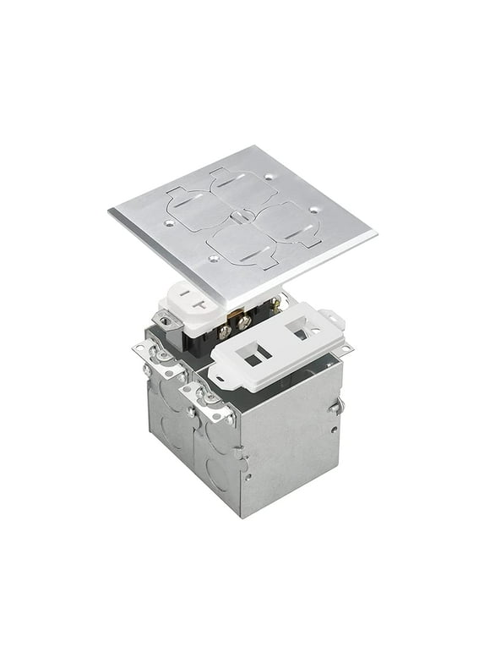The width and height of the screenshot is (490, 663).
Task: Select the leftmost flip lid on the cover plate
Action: point(188,205)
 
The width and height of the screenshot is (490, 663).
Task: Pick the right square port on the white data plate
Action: point(301,328)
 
